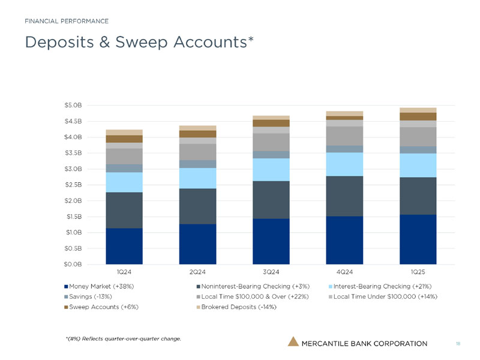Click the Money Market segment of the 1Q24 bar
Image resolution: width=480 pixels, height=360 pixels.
(124, 246)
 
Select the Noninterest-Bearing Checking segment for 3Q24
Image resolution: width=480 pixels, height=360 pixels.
(271, 200)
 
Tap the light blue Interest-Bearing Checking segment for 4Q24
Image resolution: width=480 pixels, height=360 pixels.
(344, 164)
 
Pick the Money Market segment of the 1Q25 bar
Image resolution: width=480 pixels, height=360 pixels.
(418, 239)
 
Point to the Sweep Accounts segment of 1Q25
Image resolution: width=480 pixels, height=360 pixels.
(418, 116)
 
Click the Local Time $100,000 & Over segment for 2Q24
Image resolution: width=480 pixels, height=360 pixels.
(197, 152)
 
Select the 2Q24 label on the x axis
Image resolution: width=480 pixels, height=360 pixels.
(197, 275)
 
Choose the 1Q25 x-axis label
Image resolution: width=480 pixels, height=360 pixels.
(418, 275)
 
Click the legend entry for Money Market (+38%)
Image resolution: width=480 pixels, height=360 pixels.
(101, 286)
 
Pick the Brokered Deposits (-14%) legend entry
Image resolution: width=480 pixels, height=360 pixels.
(239, 307)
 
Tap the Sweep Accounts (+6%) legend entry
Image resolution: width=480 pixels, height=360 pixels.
(100, 307)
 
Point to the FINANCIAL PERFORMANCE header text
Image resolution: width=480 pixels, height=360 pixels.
(67, 21)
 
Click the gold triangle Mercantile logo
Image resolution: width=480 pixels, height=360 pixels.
(293, 342)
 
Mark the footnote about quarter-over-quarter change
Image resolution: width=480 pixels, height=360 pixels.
(123, 339)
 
